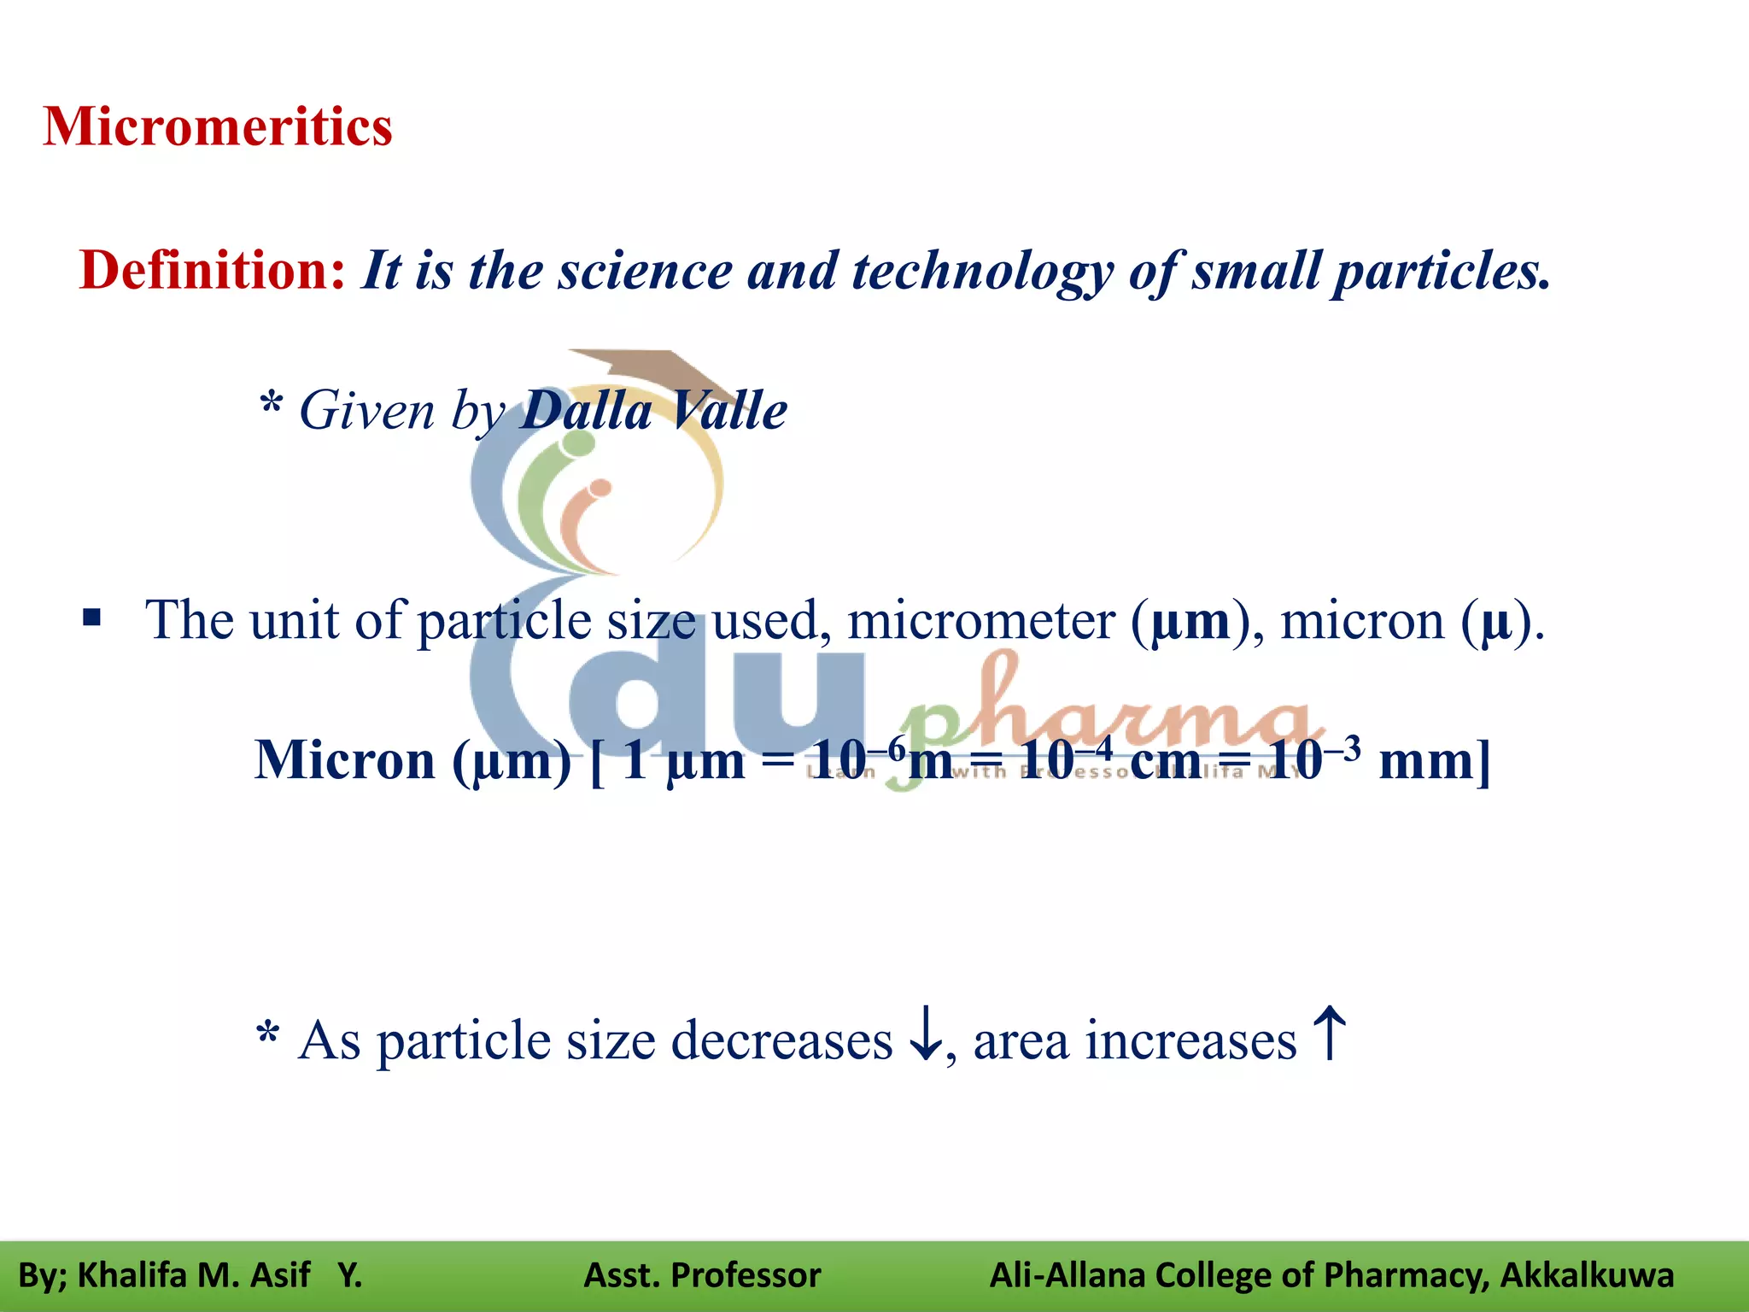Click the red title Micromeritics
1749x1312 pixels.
(x=218, y=127)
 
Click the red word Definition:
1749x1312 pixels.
(x=213, y=271)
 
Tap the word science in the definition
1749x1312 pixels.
(x=646, y=271)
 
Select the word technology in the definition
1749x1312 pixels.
(x=982, y=272)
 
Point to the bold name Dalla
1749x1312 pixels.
(x=587, y=411)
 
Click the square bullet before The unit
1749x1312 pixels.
(x=92, y=618)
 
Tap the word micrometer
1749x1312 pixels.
(x=980, y=620)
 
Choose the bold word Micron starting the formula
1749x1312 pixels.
(x=345, y=759)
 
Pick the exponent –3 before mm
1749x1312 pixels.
(x=1342, y=747)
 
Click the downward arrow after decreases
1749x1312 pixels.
(x=926, y=1034)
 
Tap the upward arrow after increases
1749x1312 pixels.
(x=1330, y=1032)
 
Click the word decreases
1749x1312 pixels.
(x=781, y=1041)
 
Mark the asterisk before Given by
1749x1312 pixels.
(x=271, y=401)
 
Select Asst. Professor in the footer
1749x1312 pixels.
(x=702, y=1275)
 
